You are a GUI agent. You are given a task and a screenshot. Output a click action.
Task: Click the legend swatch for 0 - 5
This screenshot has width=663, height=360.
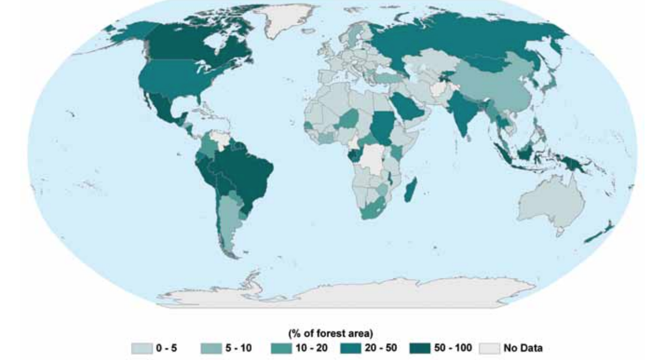pos(141,348)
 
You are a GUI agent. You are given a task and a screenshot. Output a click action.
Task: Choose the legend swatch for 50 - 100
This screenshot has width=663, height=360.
pos(421,348)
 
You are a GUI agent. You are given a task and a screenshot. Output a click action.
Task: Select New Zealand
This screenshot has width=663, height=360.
pos(599,233)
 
